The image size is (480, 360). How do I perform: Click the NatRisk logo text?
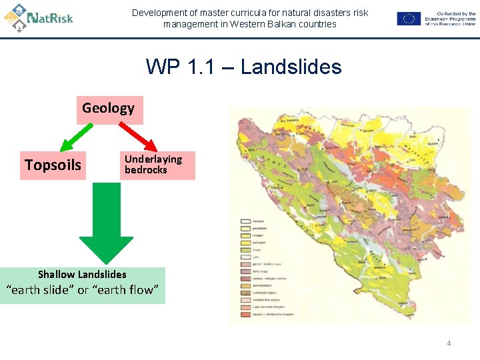tap(50, 18)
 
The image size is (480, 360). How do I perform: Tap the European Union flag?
tap(409, 19)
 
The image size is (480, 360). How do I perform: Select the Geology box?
tap(108, 108)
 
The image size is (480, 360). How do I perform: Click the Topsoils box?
tap(53, 165)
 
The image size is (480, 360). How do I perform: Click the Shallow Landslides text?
tap(82, 274)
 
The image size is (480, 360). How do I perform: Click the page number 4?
tap(449, 343)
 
